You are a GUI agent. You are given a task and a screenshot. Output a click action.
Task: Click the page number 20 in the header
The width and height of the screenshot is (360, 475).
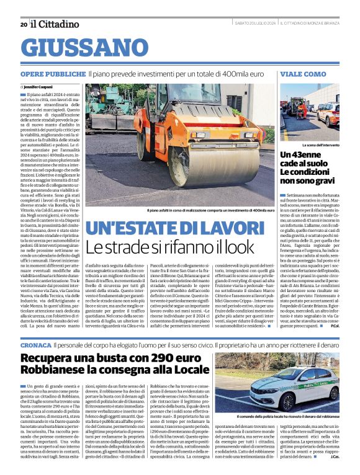click(x=24, y=24)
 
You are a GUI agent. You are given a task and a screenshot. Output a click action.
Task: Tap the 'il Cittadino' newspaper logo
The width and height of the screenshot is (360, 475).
click(x=55, y=24)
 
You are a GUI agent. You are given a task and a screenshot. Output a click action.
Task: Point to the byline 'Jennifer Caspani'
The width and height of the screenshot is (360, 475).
click(x=40, y=87)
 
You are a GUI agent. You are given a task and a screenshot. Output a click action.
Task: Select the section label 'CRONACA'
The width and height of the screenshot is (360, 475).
click(x=35, y=344)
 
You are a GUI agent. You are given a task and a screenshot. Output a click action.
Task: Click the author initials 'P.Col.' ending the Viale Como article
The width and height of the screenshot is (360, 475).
click(x=334, y=326)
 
